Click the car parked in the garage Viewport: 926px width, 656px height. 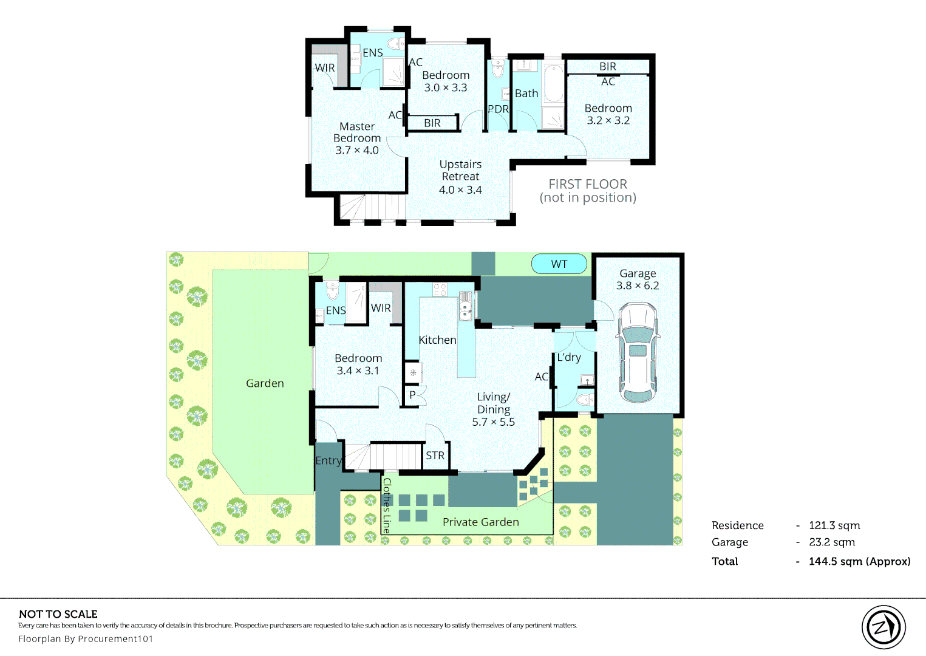(x=637, y=353)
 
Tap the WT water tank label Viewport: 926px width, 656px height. (x=559, y=264)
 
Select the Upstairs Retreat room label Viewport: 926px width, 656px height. (x=460, y=177)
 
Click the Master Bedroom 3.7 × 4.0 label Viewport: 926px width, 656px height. (x=357, y=138)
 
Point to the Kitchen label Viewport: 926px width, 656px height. (x=437, y=340)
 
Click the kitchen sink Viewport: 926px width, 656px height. (x=466, y=306)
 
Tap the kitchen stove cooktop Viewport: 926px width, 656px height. (x=440, y=290)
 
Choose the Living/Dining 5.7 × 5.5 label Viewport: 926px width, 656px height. (x=494, y=409)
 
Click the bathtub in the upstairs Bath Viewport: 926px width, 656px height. (x=554, y=84)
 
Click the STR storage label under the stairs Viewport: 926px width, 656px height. (x=435, y=456)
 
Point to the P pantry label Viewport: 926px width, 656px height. (x=412, y=395)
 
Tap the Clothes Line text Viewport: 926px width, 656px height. (x=387, y=505)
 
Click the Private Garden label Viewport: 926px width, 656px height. (x=480, y=522)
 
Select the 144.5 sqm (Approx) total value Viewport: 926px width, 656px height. (x=859, y=561)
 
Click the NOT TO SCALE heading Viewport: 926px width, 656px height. (x=58, y=614)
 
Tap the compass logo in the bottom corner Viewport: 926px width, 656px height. (x=883, y=627)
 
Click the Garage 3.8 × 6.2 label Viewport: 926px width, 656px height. (x=638, y=279)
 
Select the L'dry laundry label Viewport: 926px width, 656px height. (x=569, y=357)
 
